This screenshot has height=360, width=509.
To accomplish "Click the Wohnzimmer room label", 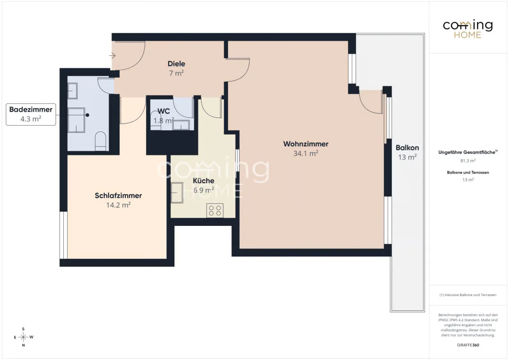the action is [x=306, y=144].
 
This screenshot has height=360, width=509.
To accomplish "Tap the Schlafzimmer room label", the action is [x=118, y=196].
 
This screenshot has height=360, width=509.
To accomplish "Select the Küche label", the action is [x=204, y=180].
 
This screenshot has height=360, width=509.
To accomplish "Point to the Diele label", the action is [x=176, y=64].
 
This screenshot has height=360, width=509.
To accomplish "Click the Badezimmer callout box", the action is [x=31, y=114].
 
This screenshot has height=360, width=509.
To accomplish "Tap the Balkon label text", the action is [x=407, y=148].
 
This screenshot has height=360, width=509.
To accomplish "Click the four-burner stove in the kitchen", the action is [x=215, y=210].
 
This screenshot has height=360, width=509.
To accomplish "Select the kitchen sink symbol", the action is [x=177, y=193].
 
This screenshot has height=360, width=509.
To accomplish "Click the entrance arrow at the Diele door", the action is [x=112, y=56].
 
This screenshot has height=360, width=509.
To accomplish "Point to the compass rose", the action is [x=23, y=337].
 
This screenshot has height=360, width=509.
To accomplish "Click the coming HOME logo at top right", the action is [x=468, y=29].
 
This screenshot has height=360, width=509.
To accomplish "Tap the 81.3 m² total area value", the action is [x=468, y=161].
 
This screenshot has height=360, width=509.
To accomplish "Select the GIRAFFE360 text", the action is [x=468, y=345].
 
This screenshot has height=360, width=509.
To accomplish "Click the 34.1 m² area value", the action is [x=306, y=153].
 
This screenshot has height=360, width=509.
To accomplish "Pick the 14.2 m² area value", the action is [x=118, y=205].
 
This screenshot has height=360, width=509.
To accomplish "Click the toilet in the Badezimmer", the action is [x=101, y=141].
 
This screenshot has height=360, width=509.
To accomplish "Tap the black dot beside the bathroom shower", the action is [x=87, y=115].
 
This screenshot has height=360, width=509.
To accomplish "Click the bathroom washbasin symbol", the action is [x=72, y=91].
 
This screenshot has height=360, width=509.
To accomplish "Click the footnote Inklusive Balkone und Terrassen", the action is [x=468, y=295].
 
